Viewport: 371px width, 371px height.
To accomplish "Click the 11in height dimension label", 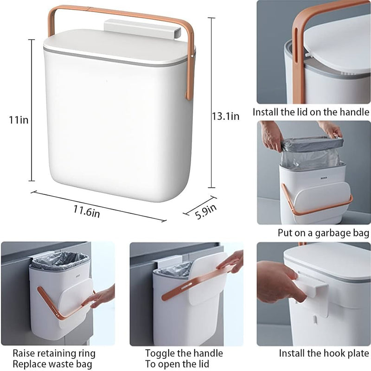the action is (19, 120).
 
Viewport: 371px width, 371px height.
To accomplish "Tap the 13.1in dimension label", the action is (225, 116).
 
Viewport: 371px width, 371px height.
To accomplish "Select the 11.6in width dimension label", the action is (87, 211).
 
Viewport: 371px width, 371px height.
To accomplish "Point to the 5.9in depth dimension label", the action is (205, 211).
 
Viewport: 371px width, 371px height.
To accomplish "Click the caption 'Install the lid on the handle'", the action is (311, 112).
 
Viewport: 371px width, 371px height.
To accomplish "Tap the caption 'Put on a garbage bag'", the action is (323, 233).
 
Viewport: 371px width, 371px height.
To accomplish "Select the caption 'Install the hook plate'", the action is (324, 353).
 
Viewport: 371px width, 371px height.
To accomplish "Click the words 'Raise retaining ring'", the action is (54, 353).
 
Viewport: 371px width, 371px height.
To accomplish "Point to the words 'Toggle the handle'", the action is (184, 353).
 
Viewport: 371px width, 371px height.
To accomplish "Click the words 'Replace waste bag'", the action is (52, 364).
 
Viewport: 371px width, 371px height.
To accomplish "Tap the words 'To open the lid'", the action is (177, 364).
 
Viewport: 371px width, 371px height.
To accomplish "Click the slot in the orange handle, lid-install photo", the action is (296, 45).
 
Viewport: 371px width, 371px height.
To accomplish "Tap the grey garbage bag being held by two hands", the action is (312, 152).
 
